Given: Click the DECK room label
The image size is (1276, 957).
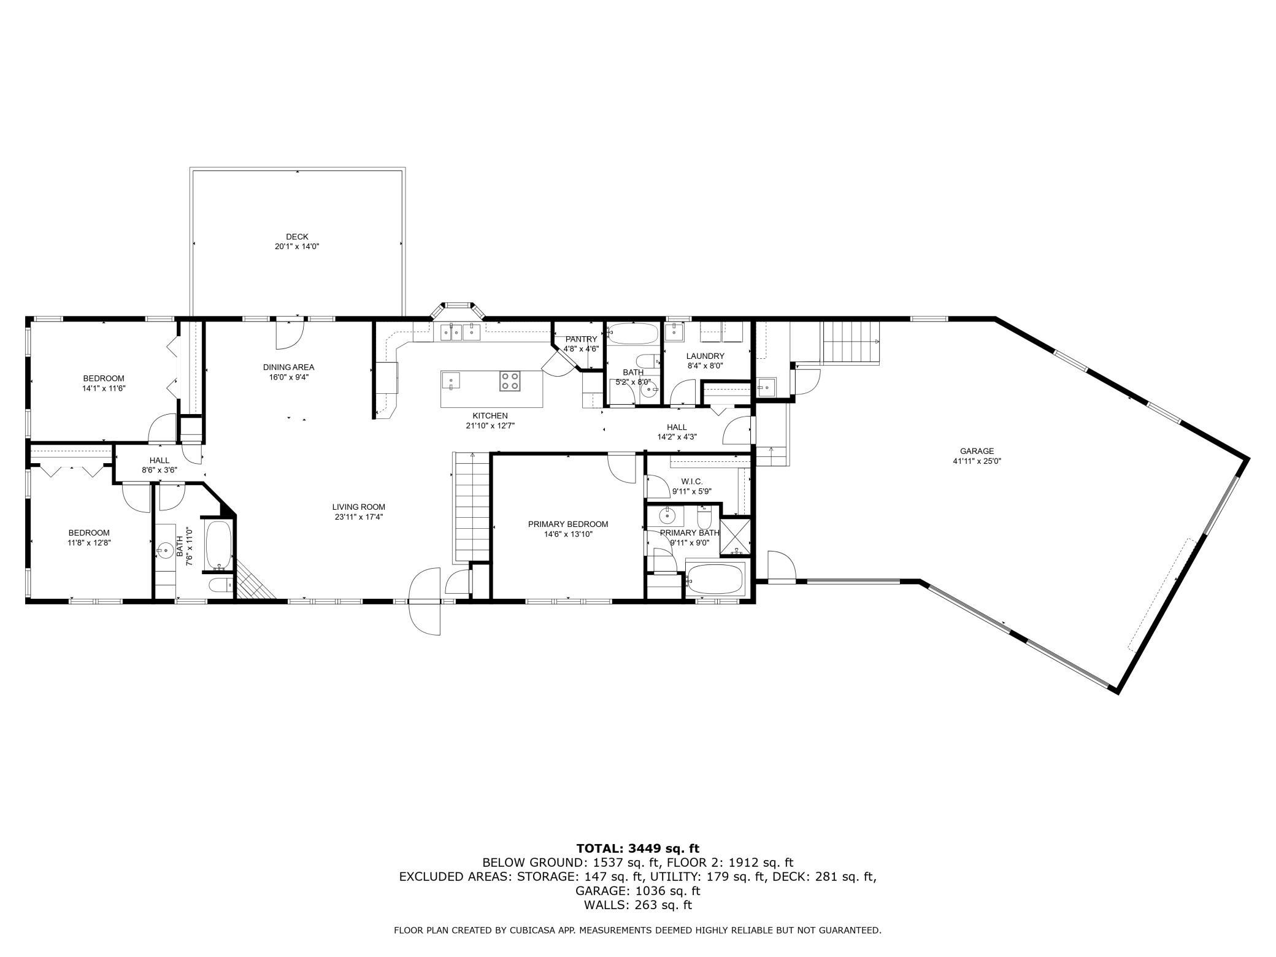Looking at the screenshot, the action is click(297, 237).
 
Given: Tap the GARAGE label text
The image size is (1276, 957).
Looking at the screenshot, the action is click(977, 451).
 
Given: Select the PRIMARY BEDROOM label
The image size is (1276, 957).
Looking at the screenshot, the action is click(568, 524).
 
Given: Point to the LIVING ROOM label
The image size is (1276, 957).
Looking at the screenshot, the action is click(359, 507).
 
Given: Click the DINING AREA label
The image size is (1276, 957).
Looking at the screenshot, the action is click(288, 367).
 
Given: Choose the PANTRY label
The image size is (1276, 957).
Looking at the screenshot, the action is click(581, 339).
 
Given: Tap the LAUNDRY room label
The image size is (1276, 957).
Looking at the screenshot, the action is click(705, 356).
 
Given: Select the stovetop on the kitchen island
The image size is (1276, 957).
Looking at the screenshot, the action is click(510, 381).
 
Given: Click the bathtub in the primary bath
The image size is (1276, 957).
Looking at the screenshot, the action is click(715, 579).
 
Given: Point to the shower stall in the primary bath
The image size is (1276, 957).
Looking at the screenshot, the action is click(735, 537).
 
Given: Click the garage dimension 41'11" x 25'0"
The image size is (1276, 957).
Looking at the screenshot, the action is click(977, 461).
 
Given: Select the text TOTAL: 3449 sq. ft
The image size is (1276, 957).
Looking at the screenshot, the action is click(637, 848).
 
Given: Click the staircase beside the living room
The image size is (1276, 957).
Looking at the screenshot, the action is click(471, 507).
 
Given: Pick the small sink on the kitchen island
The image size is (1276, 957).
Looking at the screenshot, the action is click(451, 382).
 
